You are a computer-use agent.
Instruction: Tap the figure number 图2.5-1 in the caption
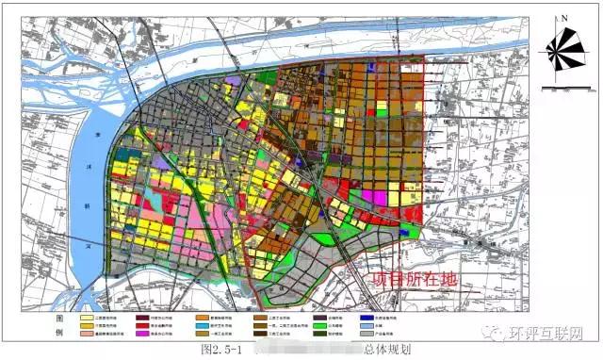click(x=222, y=350)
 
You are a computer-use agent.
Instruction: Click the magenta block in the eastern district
click(x=381, y=197)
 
